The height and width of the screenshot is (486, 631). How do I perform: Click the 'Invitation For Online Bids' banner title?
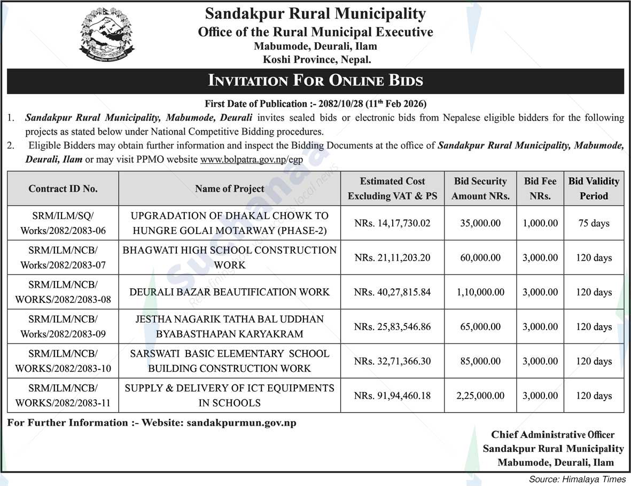point(315,81)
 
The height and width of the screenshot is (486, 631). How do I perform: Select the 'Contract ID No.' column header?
point(63,189)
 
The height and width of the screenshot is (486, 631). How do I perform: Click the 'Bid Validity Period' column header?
point(594,189)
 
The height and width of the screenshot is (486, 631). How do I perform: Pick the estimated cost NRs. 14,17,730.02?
point(392,223)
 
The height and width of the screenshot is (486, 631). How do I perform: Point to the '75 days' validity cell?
point(594,223)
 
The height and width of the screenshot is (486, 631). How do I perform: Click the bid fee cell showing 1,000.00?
point(540,223)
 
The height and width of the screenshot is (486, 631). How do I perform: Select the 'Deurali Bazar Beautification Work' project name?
point(230,292)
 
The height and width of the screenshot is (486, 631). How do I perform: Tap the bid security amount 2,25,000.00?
point(480,396)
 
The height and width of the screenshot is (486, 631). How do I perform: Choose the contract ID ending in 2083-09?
point(63,327)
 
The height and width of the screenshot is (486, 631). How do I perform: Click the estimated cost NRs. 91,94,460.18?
point(392,396)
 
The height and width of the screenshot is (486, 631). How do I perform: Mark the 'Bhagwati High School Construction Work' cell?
point(230,257)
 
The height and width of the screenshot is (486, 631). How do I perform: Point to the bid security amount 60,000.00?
point(480,257)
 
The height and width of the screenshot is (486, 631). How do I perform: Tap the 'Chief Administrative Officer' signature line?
point(552,435)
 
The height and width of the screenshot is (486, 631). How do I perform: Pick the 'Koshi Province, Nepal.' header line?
point(315,60)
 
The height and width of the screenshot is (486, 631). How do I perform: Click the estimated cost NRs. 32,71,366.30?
point(392,361)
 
